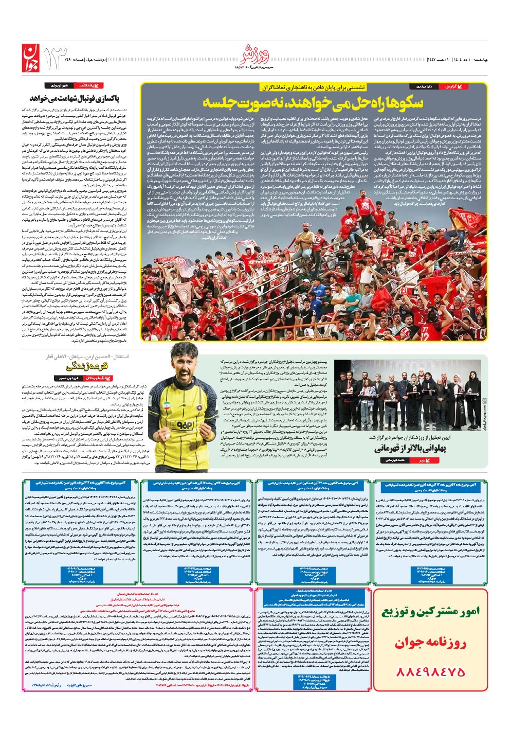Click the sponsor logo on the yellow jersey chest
pyautogui.click(x=183, y=425)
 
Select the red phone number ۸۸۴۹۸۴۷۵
pyautogui.click(x=430, y=671)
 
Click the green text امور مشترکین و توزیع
pyautogui.click(x=430, y=612)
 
